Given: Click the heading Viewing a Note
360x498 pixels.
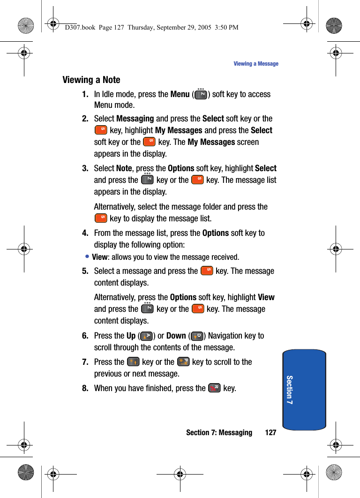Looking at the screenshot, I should click(91, 80).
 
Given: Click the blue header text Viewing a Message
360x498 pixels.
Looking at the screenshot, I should click(256, 64).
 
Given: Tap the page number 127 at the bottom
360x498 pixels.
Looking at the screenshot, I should click(270, 432).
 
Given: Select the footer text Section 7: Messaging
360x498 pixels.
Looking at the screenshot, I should click(219, 432).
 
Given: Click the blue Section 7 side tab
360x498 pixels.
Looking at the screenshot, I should click(304, 390).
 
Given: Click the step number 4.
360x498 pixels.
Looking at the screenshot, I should click(85, 233).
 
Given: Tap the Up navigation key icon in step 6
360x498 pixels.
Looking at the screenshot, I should click(146, 336).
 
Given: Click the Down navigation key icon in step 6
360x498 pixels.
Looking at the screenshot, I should click(197, 336).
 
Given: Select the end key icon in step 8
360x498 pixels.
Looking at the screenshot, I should click(214, 388).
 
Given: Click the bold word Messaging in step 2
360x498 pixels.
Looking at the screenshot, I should click(135, 119).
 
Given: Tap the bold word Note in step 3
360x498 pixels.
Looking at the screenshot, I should click(124, 168).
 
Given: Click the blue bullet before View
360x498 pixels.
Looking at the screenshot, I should click(88, 257).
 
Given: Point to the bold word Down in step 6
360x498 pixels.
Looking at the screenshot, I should click(176, 336).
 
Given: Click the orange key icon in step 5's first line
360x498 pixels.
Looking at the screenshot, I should click(207, 271).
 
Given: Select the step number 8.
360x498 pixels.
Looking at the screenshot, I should click(85, 388).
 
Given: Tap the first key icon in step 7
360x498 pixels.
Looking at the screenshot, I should click(133, 362).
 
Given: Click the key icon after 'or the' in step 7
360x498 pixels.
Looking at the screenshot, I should click(183, 362).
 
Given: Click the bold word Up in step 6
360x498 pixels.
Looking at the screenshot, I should click(131, 336).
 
